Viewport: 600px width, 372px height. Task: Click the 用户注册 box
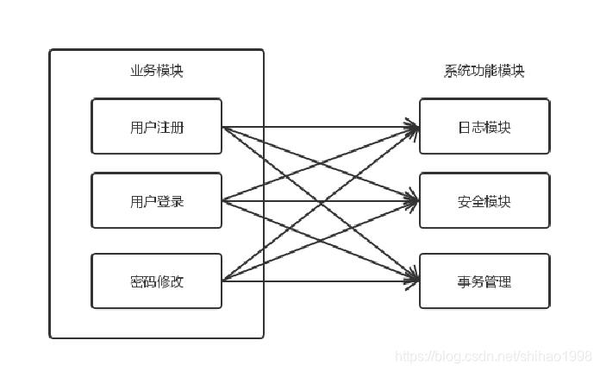point(156,127)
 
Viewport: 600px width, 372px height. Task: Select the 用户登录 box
point(156,201)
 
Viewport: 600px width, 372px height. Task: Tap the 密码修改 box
point(156,281)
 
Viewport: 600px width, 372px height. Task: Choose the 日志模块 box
point(484,127)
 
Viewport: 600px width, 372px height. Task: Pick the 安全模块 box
point(484,201)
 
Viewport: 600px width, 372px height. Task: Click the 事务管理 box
point(484,281)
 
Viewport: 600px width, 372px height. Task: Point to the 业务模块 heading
point(156,72)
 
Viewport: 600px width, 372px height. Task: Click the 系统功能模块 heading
point(484,72)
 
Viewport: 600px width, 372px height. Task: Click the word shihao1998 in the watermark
point(564,356)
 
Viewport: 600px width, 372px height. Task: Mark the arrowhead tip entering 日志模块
point(418,128)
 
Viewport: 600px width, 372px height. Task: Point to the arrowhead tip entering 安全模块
point(418,201)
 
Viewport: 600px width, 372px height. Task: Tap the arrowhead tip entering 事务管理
point(418,281)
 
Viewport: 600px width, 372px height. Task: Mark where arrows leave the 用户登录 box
point(223,201)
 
